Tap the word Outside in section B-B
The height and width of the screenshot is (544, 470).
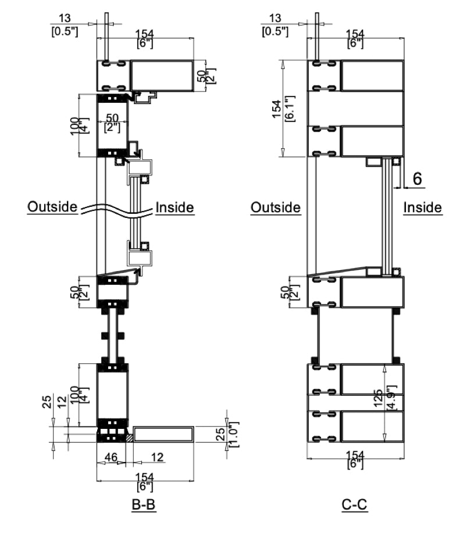click(52, 207)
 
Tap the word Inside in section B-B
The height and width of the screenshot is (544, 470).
click(175, 207)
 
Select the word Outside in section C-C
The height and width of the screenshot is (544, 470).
click(275, 207)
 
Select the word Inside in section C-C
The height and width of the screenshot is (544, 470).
click(423, 207)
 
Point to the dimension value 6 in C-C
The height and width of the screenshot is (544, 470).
click(418, 179)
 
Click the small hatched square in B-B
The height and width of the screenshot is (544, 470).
click(129, 437)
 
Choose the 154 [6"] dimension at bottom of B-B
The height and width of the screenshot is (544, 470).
click(145, 481)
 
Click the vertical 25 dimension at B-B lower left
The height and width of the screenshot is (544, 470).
click(47, 402)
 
